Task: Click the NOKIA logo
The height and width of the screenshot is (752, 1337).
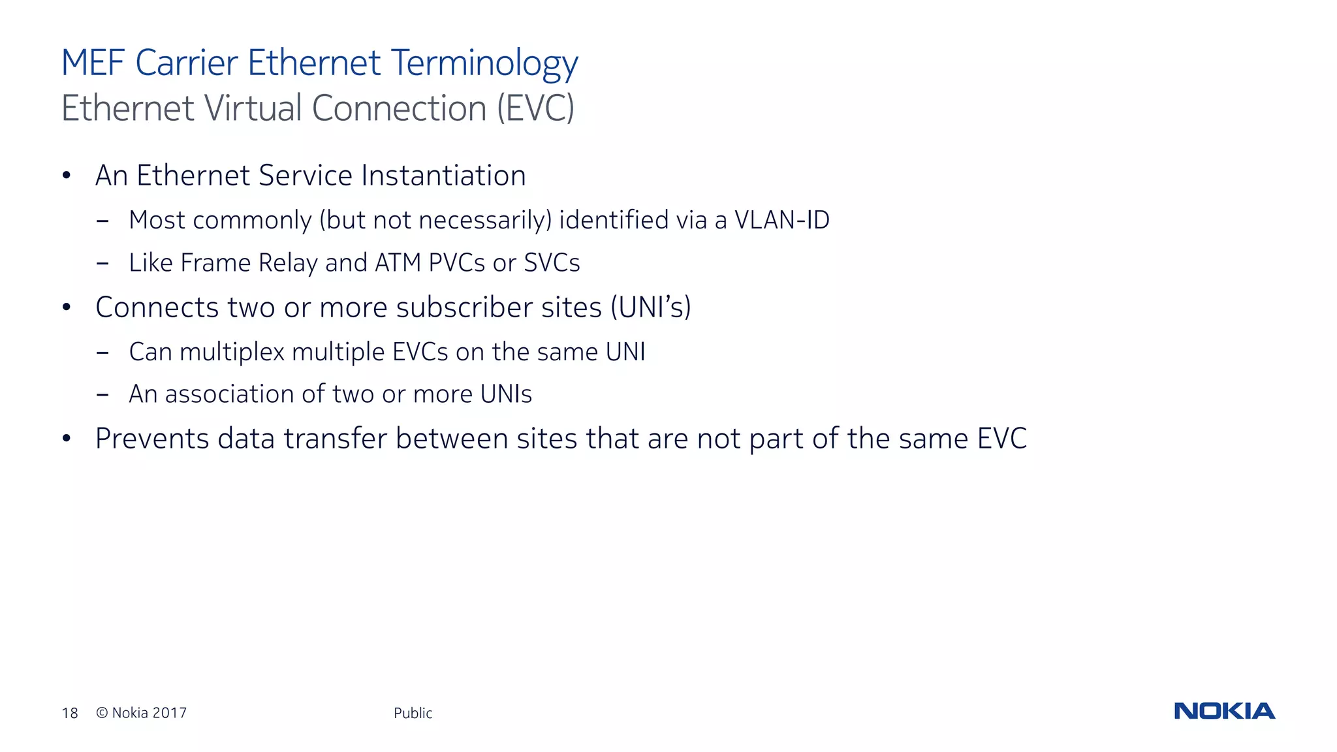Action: (x=1224, y=711)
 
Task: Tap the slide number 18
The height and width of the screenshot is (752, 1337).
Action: (x=70, y=713)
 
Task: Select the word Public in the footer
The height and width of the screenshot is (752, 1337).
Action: (x=413, y=713)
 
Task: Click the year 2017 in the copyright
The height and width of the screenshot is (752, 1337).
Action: (x=170, y=713)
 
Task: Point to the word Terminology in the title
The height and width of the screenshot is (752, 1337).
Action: (x=484, y=63)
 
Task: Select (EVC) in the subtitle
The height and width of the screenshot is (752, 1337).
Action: (x=535, y=108)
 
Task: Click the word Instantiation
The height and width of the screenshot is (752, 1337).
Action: (x=443, y=176)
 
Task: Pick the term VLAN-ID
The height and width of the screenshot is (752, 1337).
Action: (x=782, y=220)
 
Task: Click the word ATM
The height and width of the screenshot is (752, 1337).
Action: (x=398, y=262)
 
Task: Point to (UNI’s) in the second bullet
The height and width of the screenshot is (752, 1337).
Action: (x=650, y=307)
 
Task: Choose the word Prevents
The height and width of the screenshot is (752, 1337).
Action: (x=151, y=439)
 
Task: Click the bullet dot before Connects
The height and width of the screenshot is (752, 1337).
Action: (x=66, y=307)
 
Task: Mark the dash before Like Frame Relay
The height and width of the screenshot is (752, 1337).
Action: (x=102, y=264)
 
